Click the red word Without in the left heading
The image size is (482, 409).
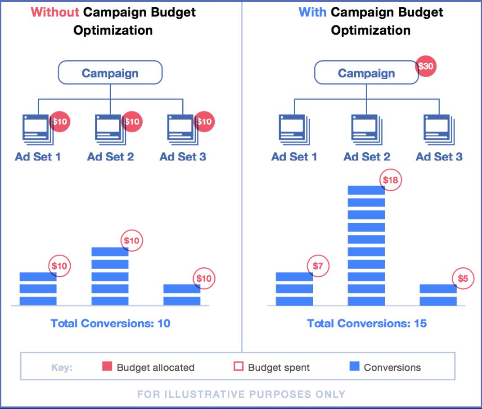click(x=54, y=12)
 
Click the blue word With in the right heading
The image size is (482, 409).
click(x=312, y=12)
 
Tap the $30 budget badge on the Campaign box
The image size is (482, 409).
click(x=426, y=67)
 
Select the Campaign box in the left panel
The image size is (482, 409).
click(x=110, y=73)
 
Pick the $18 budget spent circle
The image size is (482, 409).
click(x=390, y=180)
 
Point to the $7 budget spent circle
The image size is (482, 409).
click(x=318, y=266)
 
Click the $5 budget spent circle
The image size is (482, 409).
click(x=463, y=279)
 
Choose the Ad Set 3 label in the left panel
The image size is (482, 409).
click(x=183, y=157)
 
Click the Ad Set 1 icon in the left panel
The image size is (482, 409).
click(x=37, y=129)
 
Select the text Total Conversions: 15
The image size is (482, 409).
click(x=367, y=323)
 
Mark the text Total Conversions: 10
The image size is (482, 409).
click(x=110, y=323)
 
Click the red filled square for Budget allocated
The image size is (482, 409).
click(x=107, y=367)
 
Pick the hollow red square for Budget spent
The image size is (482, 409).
click(x=239, y=367)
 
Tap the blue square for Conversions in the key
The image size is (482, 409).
click(x=355, y=367)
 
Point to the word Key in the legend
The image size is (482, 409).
click(x=62, y=367)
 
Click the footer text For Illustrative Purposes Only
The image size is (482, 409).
click(x=241, y=394)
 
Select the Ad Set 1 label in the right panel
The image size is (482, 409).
click(x=294, y=157)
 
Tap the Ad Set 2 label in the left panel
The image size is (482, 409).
click(x=110, y=157)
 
